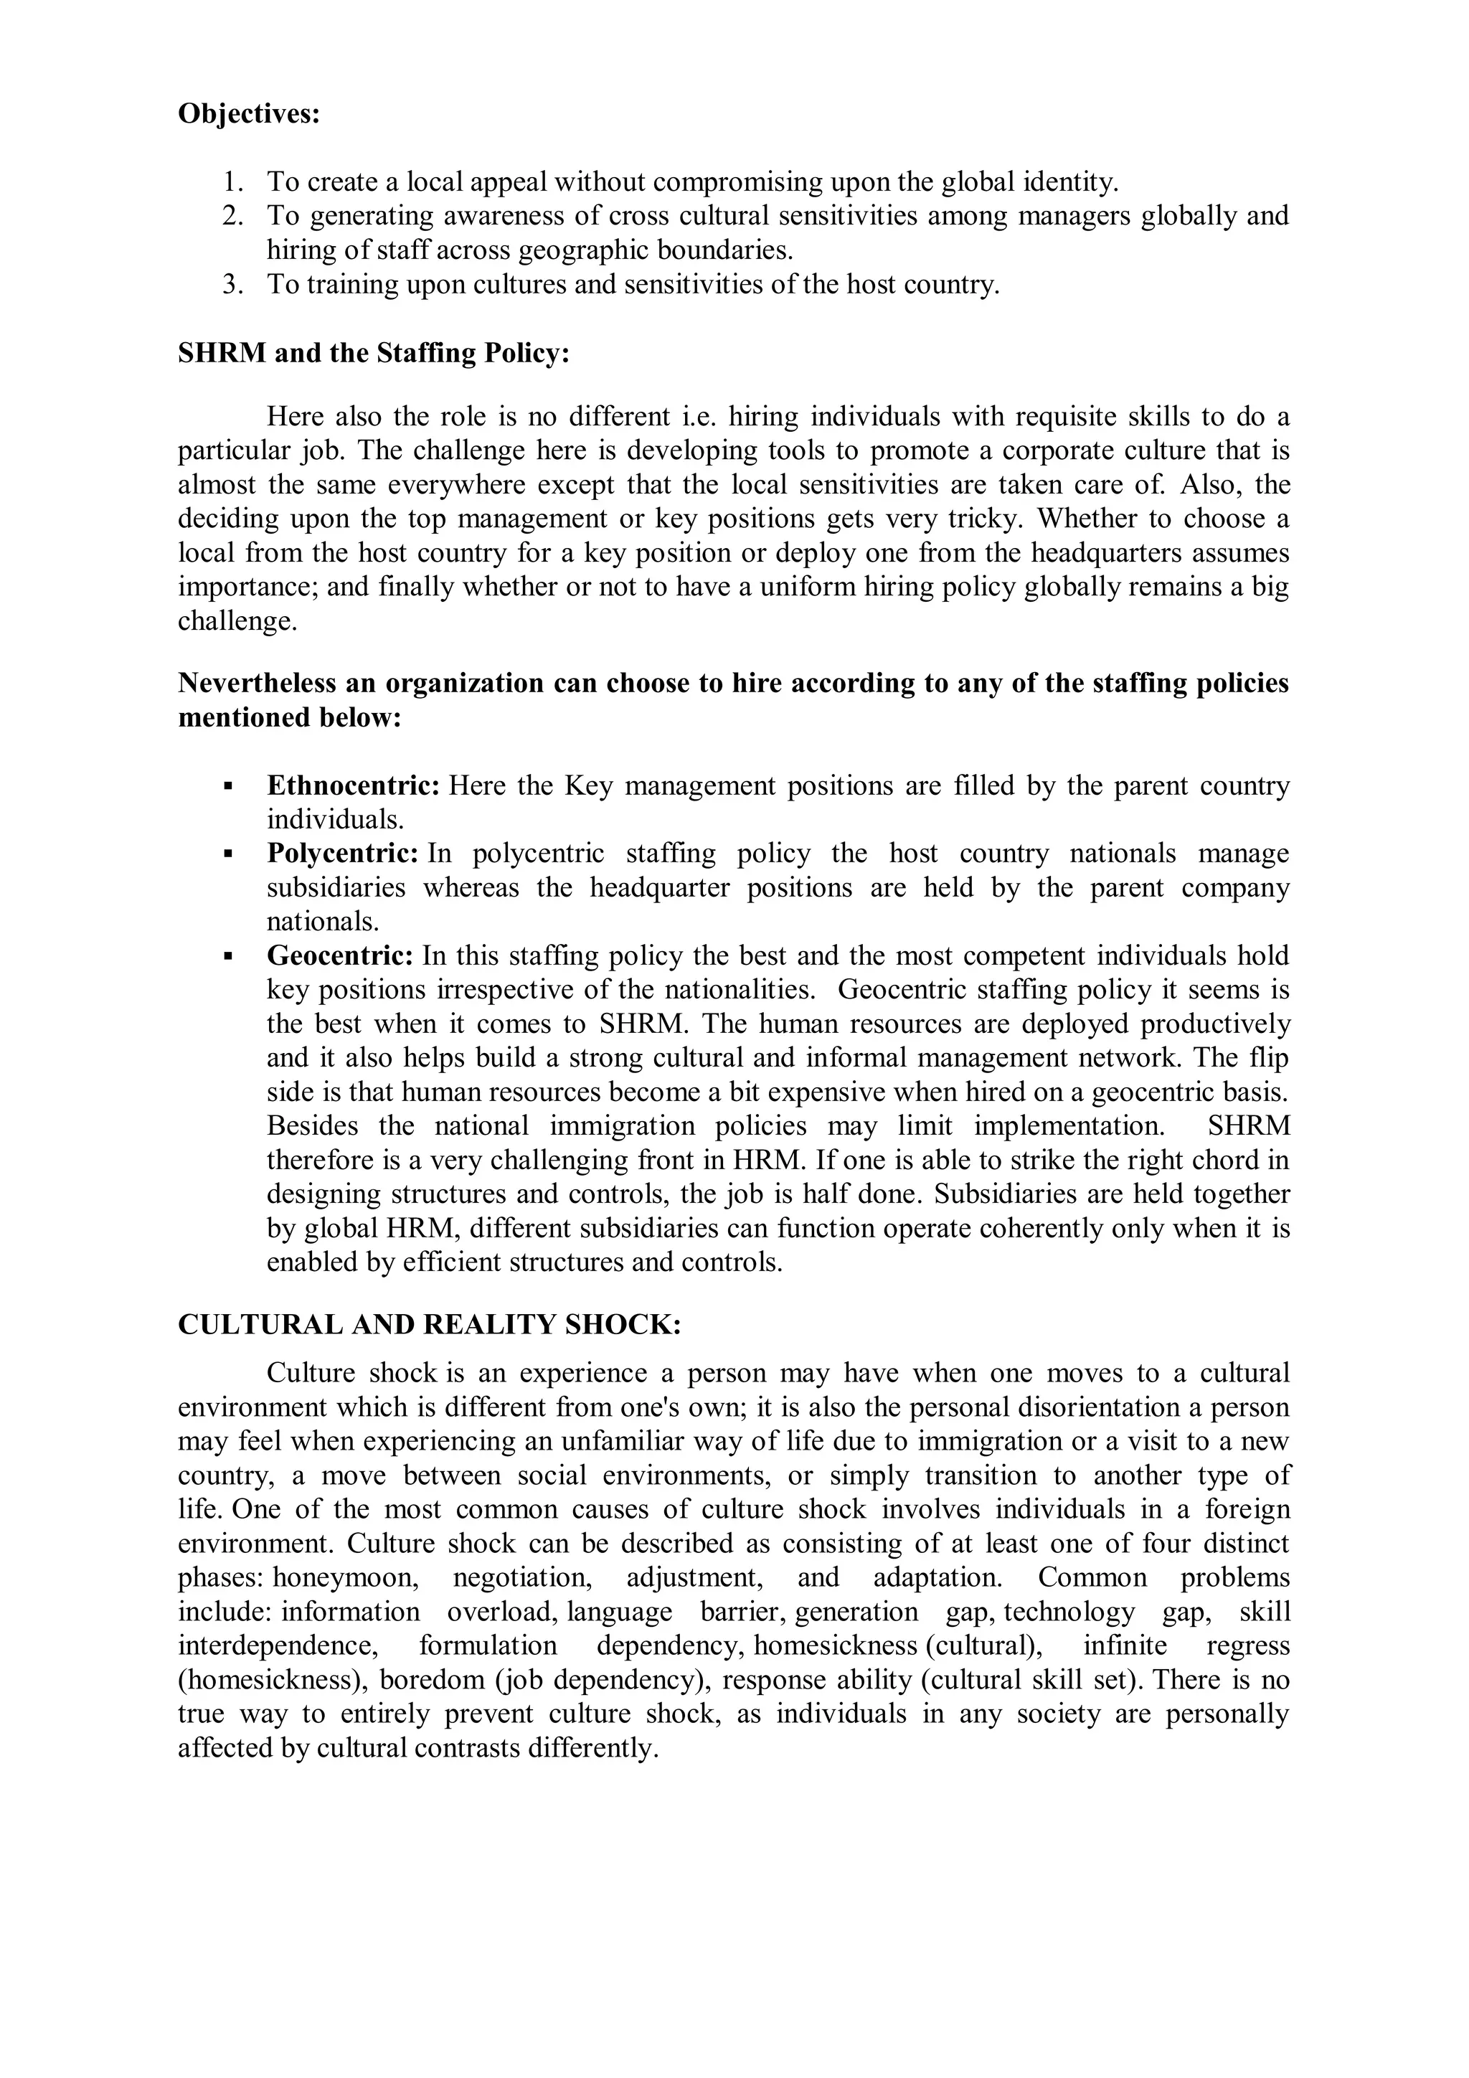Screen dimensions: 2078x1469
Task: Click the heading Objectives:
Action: pyautogui.click(x=249, y=114)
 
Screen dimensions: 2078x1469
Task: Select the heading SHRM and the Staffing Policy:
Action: pyautogui.click(x=373, y=352)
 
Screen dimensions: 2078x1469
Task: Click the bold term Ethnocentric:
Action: pyautogui.click(x=353, y=785)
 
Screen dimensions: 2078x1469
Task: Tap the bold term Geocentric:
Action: pyautogui.click(x=339, y=955)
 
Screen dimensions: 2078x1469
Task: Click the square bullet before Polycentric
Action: pyautogui.click(x=228, y=854)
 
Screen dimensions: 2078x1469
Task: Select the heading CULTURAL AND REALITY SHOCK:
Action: pyautogui.click(x=429, y=1324)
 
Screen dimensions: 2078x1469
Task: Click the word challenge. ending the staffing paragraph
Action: pyautogui.click(x=237, y=622)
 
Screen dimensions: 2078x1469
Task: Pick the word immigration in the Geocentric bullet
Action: pyautogui.click(x=623, y=1126)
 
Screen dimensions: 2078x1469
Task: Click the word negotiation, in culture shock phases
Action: pyautogui.click(x=521, y=1577)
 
